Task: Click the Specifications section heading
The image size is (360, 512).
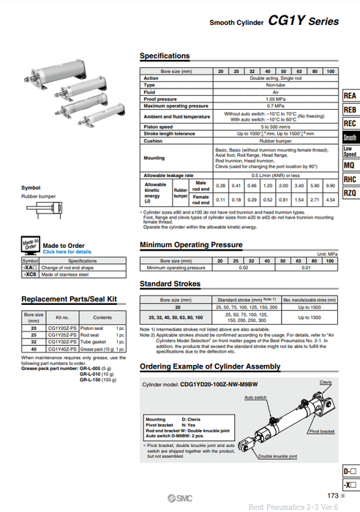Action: click(164, 56)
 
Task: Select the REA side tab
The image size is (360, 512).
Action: click(350, 96)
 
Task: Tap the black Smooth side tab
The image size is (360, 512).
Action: click(350, 137)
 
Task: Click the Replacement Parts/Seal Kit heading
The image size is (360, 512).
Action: click(69, 299)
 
